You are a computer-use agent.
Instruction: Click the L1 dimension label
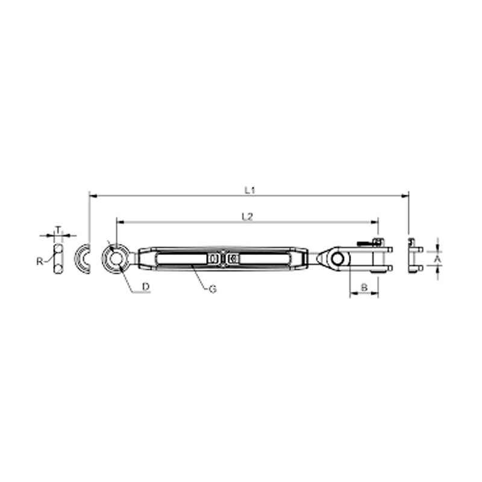pos(250,190)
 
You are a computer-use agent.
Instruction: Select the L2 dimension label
pos(247,217)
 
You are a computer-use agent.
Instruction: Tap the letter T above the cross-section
pos(58,230)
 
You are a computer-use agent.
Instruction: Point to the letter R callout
pos(40,261)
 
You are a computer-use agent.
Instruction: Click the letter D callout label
pos(146,287)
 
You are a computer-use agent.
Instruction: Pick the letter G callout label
pos(213,289)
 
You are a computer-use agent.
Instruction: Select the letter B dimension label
pos(364,288)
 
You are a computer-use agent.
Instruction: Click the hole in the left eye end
pos(116,258)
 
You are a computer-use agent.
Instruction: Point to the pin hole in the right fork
pos(338,259)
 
